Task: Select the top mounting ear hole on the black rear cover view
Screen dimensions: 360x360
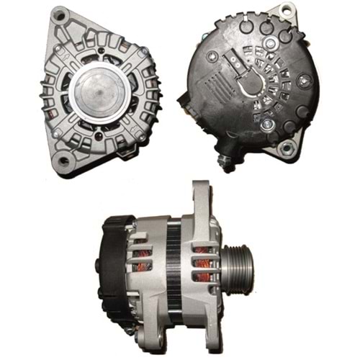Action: click(x=287, y=10)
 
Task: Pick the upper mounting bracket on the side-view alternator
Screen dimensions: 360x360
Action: click(x=199, y=202)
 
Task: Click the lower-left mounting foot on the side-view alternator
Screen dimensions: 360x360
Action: click(x=132, y=332)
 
